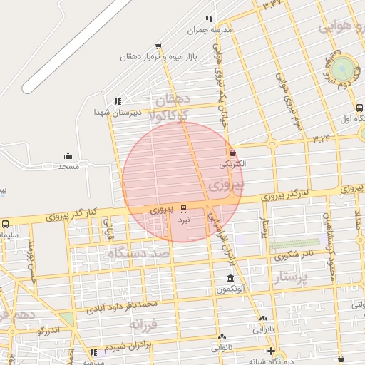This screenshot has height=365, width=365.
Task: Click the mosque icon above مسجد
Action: (x=68, y=156)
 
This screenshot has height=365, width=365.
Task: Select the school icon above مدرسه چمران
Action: (x=209, y=19)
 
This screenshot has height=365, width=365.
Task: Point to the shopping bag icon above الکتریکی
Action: (x=233, y=153)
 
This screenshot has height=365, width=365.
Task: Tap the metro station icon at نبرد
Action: (x=184, y=208)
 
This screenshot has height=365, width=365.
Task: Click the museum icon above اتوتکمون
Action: (x=230, y=279)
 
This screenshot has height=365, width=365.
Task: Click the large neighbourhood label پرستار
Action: (x=294, y=277)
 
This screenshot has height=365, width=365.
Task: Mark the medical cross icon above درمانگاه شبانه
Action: (x=271, y=351)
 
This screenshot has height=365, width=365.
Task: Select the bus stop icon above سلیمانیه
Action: (x=6, y=224)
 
